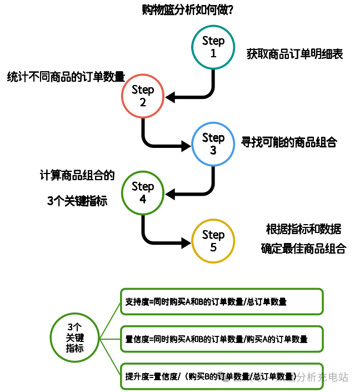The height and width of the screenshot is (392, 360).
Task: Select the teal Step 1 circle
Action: coord(213,47)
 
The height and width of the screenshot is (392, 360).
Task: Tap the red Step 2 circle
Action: coord(143,96)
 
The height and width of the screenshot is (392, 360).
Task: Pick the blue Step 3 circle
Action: coord(213,144)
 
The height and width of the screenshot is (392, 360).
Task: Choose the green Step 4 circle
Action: coord(143,192)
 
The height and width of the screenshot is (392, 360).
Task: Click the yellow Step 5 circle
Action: coord(213,241)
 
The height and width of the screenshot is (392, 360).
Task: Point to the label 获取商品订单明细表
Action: coord(295,54)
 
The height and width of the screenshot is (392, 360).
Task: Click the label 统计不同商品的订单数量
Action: coord(66,77)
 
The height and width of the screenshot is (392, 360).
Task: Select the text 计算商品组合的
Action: coord(77,176)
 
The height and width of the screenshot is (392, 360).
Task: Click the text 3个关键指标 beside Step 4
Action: coord(77,202)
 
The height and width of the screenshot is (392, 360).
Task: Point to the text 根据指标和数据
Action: coord(303,229)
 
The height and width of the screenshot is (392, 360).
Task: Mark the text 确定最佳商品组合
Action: coord(303,248)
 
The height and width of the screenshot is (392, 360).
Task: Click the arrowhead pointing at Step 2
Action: coord(171,98)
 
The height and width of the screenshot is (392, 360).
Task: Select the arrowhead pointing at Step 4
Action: coord(171,194)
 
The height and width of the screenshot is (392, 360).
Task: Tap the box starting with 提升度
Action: coord(222,376)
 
